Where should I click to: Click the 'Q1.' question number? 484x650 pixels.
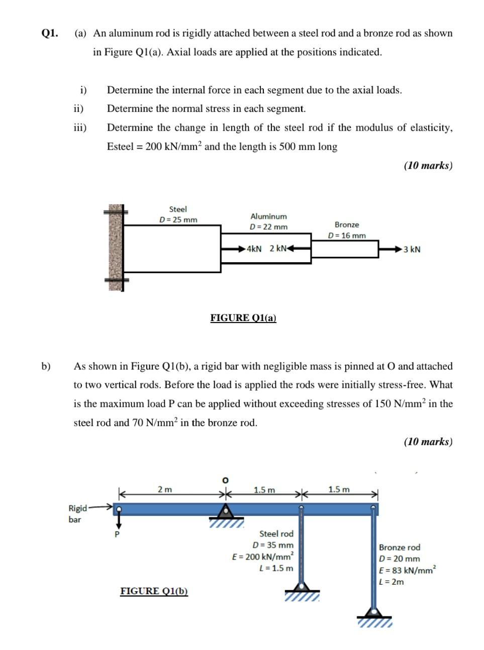point(49,34)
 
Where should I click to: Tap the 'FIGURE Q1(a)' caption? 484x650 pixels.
point(243,317)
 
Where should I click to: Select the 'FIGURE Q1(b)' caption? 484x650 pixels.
point(154,591)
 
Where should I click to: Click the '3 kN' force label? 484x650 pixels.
point(412,249)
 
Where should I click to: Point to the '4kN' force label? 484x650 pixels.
point(254,249)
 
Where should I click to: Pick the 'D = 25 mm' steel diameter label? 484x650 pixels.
point(178,220)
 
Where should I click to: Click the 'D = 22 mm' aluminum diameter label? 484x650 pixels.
point(268,227)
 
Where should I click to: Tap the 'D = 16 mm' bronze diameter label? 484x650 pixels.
point(347,235)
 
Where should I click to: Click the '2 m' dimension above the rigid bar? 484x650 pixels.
point(165,489)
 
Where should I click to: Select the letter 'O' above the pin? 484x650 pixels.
point(226,479)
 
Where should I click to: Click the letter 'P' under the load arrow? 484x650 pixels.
point(118,534)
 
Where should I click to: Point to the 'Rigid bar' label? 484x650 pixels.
point(77,513)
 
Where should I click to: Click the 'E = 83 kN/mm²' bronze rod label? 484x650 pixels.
point(408,570)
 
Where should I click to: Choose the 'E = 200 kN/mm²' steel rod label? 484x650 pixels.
point(263,557)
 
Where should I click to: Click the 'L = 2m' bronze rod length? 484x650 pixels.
point(392,582)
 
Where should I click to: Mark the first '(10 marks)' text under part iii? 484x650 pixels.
point(428,165)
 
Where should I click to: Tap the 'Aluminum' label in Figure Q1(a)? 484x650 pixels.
point(268,216)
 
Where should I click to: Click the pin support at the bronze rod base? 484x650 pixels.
point(374,612)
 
